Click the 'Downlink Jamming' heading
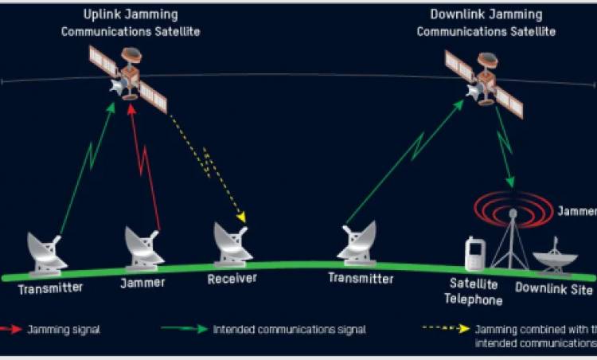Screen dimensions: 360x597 coord(486,14)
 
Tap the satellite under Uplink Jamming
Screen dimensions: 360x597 coord(128,77)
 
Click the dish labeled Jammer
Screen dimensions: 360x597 coord(144,247)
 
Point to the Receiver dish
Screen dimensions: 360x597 coord(232,242)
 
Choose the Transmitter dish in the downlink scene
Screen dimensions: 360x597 coord(357,242)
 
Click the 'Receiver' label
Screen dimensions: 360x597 coord(232,279)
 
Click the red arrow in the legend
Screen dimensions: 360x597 coord(12,328)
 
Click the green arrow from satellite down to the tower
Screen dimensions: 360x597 coord(505,147)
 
